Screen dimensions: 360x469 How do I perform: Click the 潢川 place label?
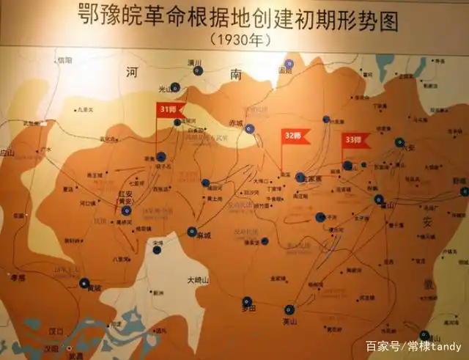(194, 63)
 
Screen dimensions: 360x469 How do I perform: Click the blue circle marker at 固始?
(289, 65)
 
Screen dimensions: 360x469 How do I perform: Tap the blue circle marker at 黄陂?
(85, 282)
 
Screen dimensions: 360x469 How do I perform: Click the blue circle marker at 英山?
(289, 309)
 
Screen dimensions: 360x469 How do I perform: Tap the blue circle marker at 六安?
(399, 142)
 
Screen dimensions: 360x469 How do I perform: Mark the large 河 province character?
(131, 72)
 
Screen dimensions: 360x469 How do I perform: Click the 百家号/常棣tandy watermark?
(413, 346)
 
